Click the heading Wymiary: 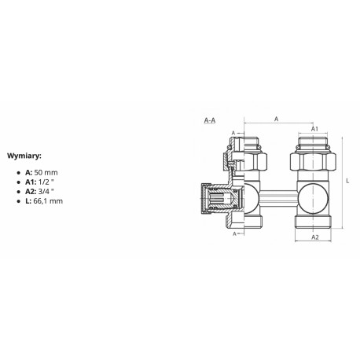pos(24,156)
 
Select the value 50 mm pos(46,173)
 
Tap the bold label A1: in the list pos(31,182)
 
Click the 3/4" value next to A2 pos(46,192)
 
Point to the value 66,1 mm pos(48,201)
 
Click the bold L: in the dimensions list pos(28,201)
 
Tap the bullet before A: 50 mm pos(18,173)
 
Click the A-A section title pos(210,120)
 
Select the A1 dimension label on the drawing pos(314,129)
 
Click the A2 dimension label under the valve pos(315,237)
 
